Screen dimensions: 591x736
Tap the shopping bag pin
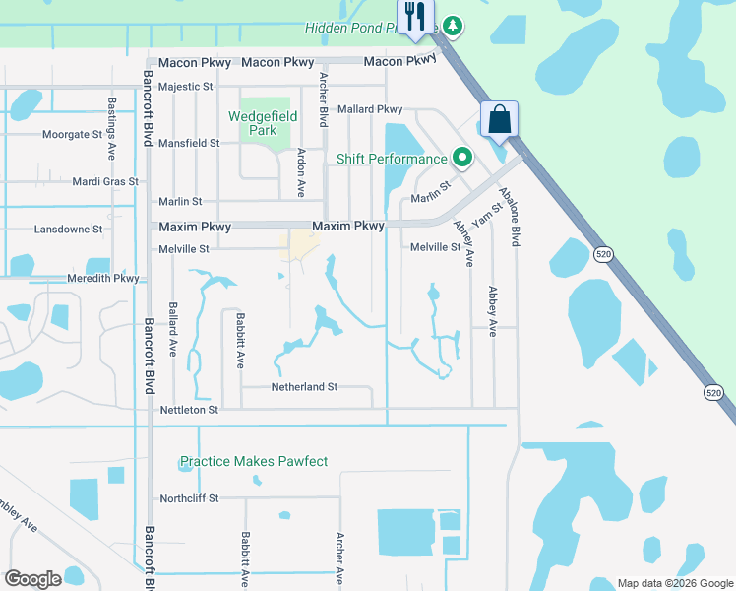click(499, 120)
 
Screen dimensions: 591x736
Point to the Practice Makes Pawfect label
click(253, 461)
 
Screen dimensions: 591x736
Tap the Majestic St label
click(186, 87)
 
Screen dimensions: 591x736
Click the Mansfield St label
click(188, 143)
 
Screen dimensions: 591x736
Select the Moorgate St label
click(72, 134)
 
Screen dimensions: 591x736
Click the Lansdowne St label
click(69, 229)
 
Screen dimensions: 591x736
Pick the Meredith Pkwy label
click(103, 279)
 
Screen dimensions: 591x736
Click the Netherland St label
click(304, 387)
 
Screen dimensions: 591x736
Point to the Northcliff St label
click(188, 498)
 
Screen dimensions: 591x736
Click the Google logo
click(32, 579)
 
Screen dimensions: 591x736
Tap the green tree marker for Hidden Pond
click(452, 25)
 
